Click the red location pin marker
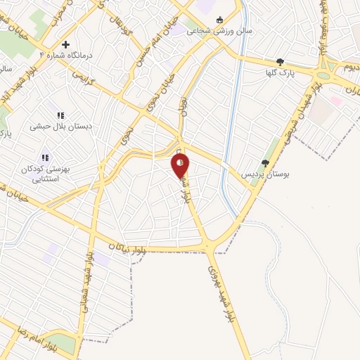[x=180, y=166]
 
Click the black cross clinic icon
[x=85, y=44]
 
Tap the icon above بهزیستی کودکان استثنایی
[x=45, y=157]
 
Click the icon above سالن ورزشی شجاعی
[x=220, y=20]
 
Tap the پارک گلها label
[x=281, y=73]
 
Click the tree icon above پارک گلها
[x=281, y=62]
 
